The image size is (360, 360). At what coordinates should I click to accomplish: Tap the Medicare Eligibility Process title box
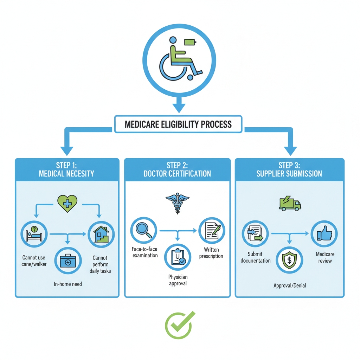coord(178,124)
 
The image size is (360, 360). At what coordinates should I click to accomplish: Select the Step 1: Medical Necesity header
coord(66,169)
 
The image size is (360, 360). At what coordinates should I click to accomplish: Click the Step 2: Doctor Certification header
coord(177,169)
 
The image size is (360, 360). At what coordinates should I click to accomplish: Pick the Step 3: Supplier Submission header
coord(290,169)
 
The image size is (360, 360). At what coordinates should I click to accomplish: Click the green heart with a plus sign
coord(67,204)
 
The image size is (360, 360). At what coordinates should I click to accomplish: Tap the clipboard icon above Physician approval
coord(177,257)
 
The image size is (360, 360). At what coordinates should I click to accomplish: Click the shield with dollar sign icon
coord(289,260)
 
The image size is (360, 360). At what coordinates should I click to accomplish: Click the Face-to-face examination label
coord(145,252)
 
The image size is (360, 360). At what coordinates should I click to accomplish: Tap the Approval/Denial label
coord(290,285)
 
